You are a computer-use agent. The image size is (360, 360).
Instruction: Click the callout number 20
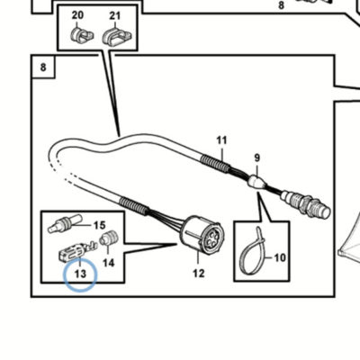pyautogui.click(x=77, y=15)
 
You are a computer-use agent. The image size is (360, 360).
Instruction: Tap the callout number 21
pyautogui.click(x=115, y=15)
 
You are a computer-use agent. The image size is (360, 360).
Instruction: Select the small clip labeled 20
pyautogui.click(x=82, y=35)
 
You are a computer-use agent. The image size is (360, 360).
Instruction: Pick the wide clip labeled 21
pyautogui.click(x=117, y=36)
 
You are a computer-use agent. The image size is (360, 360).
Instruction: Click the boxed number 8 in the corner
pyautogui.click(x=43, y=67)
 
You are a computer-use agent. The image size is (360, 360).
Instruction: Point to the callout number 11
pyautogui.click(x=221, y=140)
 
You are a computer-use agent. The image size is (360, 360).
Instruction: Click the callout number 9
pyautogui.click(x=257, y=157)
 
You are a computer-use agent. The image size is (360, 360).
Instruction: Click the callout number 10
pyautogui.click(x=280, y=257)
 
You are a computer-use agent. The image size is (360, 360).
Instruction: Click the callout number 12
pyautogui.click(x=199, y=274)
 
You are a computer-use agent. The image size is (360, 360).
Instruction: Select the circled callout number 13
pyautogui.click(x=80, y=274)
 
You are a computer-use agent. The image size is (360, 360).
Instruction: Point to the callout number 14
pyautogui.click(x=109, y=263)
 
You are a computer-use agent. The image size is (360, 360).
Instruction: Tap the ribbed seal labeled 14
pyautogui.click(x=109, y=238)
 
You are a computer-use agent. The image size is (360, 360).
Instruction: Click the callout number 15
pyautogui.click(x=100, y=225)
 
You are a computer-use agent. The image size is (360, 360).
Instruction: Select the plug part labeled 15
pyautogui.click(x=66, y=224)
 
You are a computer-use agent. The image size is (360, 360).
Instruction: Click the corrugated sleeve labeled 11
pyautogui.click(x=216, y=165)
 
